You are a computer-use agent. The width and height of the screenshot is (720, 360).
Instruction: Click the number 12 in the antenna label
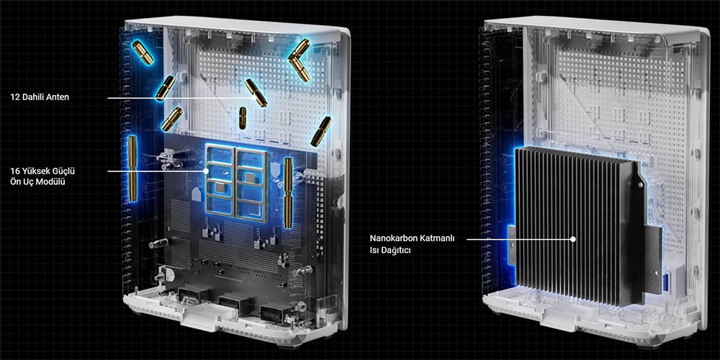[x=14, y=97]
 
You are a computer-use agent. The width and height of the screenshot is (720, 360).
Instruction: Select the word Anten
[x=58, y=97]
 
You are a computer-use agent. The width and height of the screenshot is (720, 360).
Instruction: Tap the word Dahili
[x=32, y=97]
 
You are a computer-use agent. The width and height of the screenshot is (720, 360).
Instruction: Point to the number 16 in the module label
[x=14, y=171]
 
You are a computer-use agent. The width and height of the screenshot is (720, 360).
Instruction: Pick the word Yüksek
[x=34, y=171]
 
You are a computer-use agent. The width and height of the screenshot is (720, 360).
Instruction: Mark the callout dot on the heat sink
[x=573, y=239]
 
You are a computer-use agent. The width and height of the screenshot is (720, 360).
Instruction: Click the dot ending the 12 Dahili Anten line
[x=253, y=98]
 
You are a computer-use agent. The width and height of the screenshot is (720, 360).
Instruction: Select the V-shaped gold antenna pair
[x=299, y=59]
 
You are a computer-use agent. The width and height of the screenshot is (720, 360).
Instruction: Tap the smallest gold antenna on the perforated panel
[x=242, y=118]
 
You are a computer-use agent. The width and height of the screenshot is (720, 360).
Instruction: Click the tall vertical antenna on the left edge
[x=132, y=168]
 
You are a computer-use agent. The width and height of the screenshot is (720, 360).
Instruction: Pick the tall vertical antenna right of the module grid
[x=289, y=192]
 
